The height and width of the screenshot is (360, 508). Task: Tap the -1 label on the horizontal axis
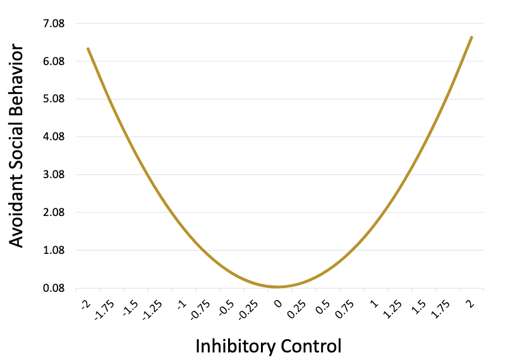pyautogui.click(x=181, y=304)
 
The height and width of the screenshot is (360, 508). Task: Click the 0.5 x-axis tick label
pyautogui.click(x=322, y=306)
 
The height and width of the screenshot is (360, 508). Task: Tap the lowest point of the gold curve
pyautogui.click(x=277, y=287)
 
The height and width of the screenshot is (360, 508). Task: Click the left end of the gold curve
pyautogui.click(x=88, y=49)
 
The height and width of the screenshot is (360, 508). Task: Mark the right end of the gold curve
pyautogui.click(x=471, y=37)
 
